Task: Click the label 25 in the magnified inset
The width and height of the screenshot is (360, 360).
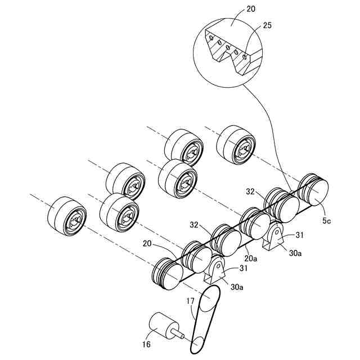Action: [268, 25]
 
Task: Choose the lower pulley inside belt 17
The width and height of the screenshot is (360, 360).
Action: [198, 342]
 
